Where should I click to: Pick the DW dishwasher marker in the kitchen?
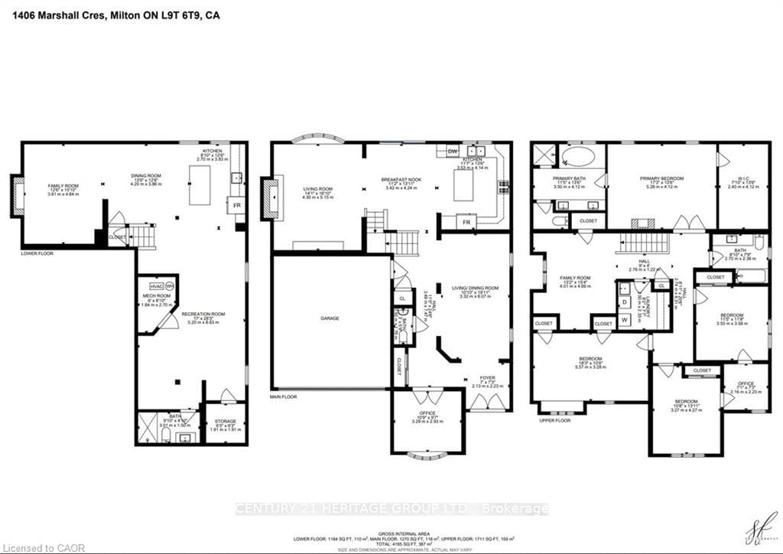click(453, 151)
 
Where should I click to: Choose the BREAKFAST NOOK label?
click(401, 181)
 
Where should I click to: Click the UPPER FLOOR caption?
click(555, 421)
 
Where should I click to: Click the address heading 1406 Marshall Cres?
click(111, 15)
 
